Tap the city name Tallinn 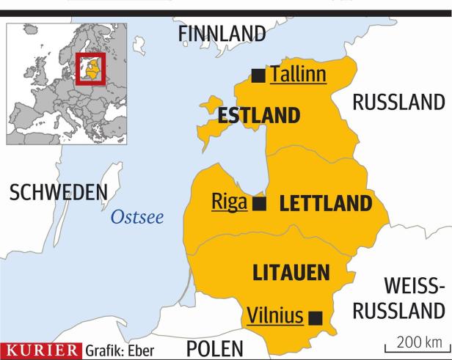point(298,73)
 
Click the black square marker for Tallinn point(258,73)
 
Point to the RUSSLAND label point(398,103)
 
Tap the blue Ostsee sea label point(137,217)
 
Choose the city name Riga point(228,202)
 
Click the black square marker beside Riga point(258,203)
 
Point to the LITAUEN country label point(289,273)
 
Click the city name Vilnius point(274,316)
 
